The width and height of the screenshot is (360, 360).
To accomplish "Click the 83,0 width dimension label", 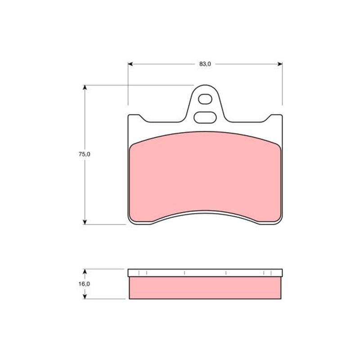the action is [x=205, y=64].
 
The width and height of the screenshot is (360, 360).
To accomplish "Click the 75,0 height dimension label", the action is [x=85, y=154].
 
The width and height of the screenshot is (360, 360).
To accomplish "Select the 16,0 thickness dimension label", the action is [x=84, y=284].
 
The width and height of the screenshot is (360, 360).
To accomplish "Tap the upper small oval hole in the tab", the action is [x=205, y=99].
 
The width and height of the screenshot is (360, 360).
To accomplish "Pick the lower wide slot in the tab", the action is [x=205, y=117].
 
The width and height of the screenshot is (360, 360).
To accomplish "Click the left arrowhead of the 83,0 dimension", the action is [x=130, y=64].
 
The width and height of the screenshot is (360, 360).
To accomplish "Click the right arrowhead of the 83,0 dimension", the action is [x=280, y=64].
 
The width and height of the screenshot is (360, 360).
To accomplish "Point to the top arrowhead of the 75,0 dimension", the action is [x=85, y=87].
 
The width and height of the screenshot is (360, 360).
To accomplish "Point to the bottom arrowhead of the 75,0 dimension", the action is [x=85, y=222].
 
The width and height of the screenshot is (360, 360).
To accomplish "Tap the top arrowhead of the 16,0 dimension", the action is [x=85, y=271].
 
